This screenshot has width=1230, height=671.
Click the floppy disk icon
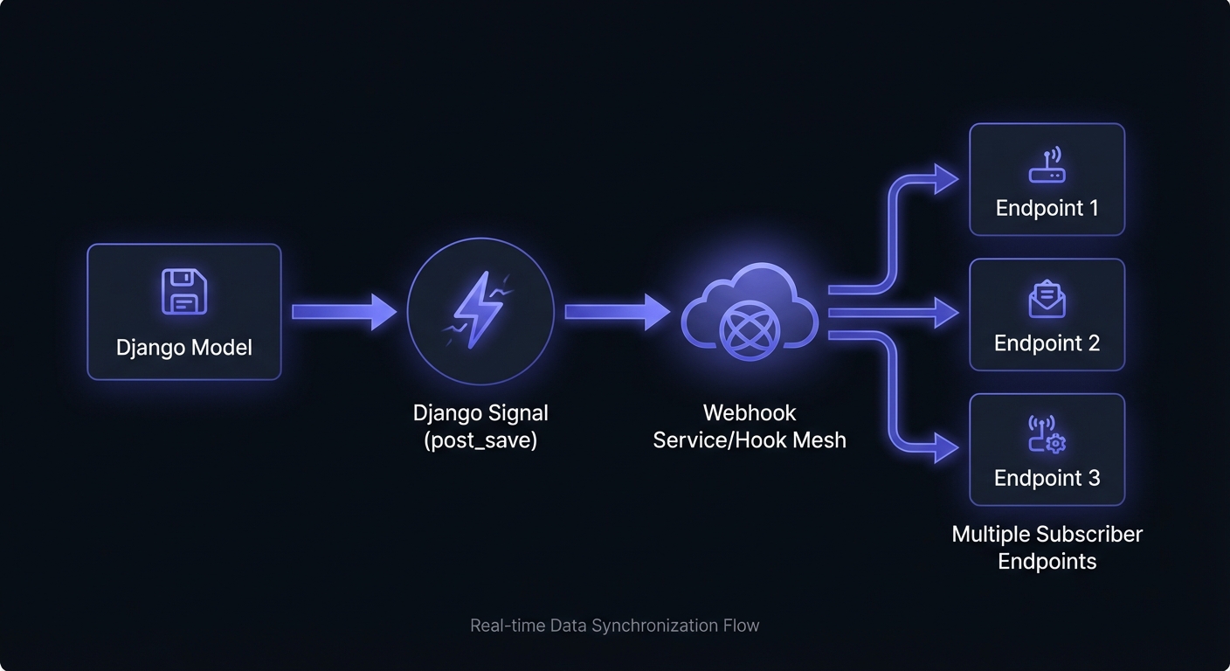point(184,292)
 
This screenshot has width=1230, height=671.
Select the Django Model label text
point(184,348)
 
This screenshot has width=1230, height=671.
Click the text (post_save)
point(480,439)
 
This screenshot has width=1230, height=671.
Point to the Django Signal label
point(480,412)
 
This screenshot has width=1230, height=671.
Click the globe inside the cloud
point(749,330)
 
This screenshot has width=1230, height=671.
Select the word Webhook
point(750,412)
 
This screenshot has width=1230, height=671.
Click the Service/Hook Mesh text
point(750,439)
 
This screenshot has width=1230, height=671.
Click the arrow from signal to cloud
point(617,312)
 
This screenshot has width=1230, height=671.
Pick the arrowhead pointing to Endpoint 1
point(946,179)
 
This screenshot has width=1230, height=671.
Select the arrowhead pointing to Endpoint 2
point(946,312)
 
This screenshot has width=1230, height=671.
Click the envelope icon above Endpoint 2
point(1047,300)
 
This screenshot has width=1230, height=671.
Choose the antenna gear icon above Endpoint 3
point(1047,434)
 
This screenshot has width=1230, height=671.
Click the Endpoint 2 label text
point(1047,343)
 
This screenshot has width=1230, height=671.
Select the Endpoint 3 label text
point(1047,478)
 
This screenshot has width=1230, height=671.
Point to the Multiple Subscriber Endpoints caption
point(1047,547)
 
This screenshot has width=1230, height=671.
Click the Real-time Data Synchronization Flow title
point(615,626)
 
